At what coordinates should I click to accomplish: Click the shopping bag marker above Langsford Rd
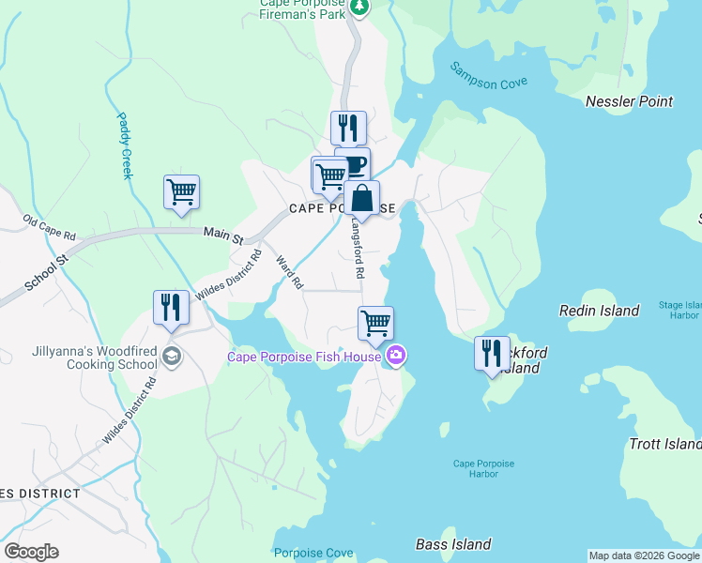point(361,198)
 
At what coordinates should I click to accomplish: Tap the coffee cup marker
point(354,164)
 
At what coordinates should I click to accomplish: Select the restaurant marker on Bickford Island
point(492,354)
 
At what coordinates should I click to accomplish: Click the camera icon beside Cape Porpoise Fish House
point(396,356)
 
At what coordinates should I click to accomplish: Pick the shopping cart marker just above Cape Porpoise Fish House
point(375,324)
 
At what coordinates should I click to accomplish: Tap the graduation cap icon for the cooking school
point(170,356)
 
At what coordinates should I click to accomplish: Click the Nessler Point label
point(629,101)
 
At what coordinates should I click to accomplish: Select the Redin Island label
point(599,311)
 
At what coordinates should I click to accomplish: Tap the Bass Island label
point(453,544)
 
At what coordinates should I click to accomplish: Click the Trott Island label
point(664,444)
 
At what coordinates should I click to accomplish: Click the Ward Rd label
point(290,270)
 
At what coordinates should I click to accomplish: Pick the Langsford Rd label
point(357,249)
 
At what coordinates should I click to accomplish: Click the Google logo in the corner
point(31,552)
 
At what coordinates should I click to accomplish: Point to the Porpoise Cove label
point(313,553)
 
